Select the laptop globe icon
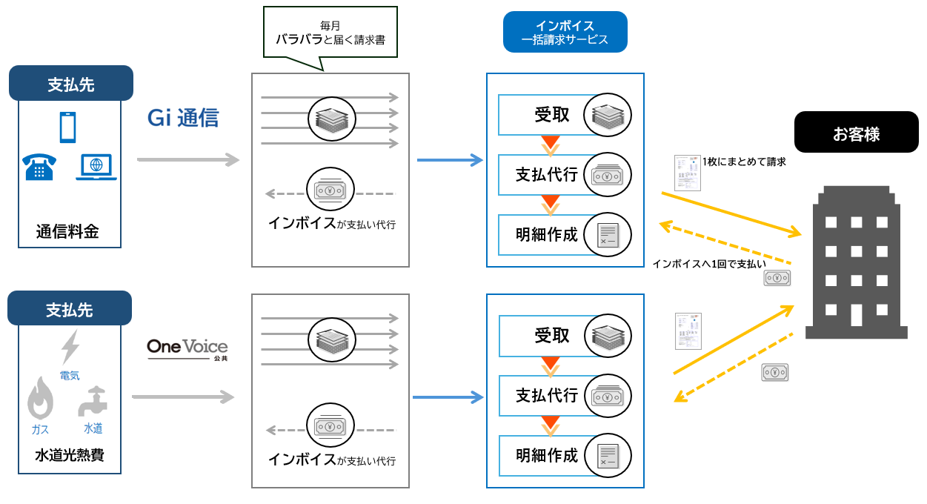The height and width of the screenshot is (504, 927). coord(96,168)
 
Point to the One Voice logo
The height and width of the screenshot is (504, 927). coord(187,348)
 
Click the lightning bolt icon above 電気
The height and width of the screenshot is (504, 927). coord(70,347)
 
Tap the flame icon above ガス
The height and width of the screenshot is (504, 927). coord(40,399)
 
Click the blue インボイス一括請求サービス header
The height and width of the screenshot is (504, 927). coord(565,32)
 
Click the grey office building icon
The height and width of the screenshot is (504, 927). coord(855,263)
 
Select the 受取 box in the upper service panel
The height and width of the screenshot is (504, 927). coord(552,115)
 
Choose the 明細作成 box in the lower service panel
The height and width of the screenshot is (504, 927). coord(547,455)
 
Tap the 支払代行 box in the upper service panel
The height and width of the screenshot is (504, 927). coord(547,175)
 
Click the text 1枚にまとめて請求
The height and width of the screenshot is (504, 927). coord(743,161)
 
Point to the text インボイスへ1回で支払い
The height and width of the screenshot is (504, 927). coord(708,263)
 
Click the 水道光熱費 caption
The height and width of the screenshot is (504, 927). coord(70,454)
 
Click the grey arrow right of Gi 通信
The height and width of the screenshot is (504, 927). coord(188,159)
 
